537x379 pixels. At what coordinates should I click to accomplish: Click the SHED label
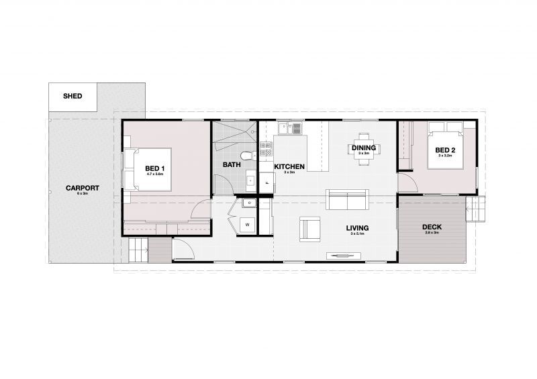72,97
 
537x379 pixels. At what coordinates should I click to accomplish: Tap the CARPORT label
82,188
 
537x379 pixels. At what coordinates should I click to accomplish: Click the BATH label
232,164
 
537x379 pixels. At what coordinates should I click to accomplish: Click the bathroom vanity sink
250,180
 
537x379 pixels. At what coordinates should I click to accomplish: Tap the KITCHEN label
289,166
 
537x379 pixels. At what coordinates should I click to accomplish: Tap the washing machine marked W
247,223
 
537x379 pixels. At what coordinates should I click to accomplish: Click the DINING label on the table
363,147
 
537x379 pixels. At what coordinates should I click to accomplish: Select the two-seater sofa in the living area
346,199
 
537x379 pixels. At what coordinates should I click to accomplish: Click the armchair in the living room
310,228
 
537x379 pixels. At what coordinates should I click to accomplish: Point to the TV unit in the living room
344,254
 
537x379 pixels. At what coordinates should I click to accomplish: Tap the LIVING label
357,228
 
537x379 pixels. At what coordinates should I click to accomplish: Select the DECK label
432,227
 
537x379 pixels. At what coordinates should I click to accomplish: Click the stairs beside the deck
475,209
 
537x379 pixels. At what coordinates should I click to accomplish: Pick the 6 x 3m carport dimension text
82,194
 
